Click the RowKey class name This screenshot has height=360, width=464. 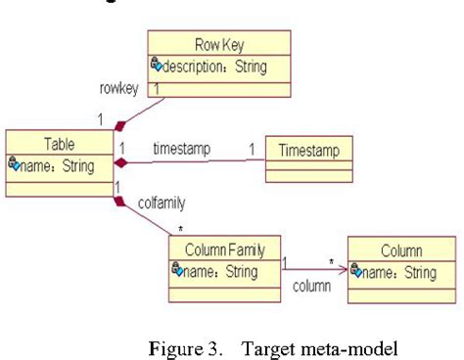click(218, 43)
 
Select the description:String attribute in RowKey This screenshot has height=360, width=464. click(214, 67)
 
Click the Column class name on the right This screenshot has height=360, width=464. click(401, 250)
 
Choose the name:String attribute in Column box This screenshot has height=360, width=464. click(399, 271)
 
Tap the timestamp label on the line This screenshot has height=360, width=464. click(183, 148)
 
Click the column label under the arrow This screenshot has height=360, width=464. click(313, 291)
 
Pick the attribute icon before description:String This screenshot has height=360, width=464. click(156, 67)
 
